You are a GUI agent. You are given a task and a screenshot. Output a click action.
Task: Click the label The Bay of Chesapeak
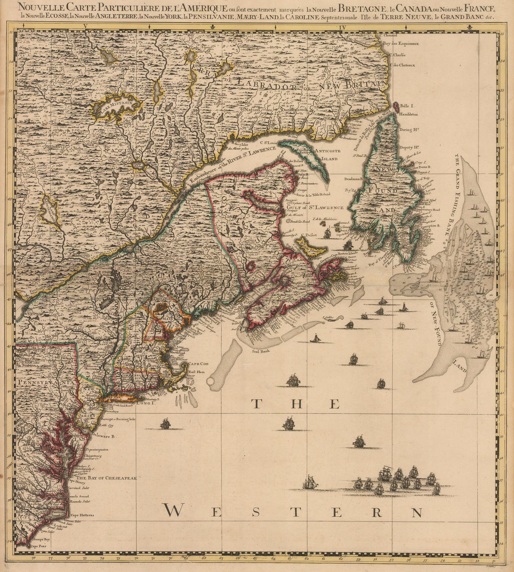101,478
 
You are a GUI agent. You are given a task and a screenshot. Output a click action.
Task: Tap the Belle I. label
406,106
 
